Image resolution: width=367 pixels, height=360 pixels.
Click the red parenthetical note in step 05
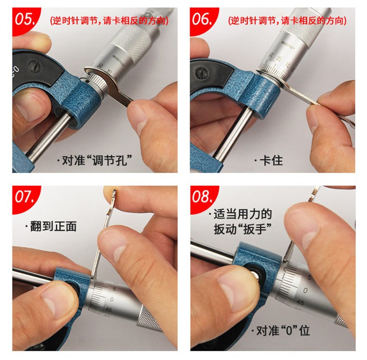pyautogui.click(x=109, y=21)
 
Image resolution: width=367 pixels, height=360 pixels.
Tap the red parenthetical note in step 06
pyautogui.click(x=287, y=21)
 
